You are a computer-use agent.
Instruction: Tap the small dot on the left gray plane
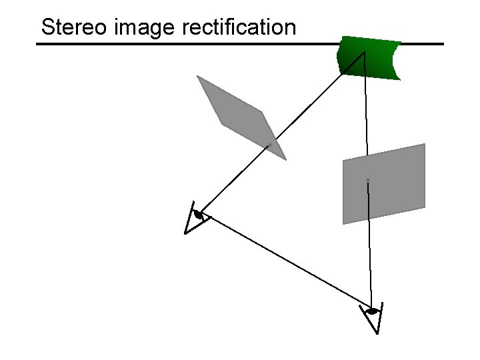[x=270, y=144]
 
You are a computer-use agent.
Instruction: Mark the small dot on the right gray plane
[x=367, y=180]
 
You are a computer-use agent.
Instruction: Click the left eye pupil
[x=198, y=215]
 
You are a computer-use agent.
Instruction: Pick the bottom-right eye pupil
[x=372, y=311]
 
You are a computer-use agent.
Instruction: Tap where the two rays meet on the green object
[x=364, y=52]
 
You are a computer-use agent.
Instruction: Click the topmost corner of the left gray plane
[x=197, y=76]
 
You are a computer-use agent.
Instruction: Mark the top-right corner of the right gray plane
[x=424, y=144]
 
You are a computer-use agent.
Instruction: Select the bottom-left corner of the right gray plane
[x=344, y=223]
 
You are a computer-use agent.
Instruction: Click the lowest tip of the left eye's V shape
[x=186, y=233]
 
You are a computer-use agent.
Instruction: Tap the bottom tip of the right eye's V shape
[x=377, y=333]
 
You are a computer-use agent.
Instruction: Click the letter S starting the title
[x=47, y=27]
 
